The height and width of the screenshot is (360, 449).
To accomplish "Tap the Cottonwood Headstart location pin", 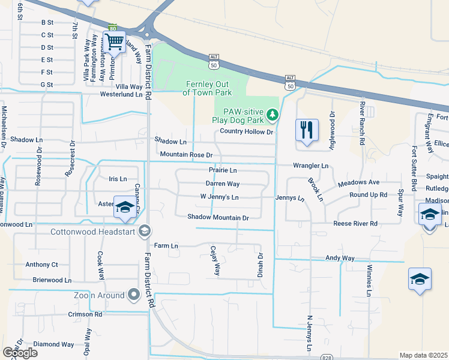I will click(x=144, y=231).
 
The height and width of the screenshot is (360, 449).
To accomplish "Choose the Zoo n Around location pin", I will click(x=134, y=295).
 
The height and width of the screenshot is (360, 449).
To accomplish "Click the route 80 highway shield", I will click(x=113, y=28).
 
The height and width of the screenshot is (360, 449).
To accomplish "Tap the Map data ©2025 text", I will click(x=424, y=355).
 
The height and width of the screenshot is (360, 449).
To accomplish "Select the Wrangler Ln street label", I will click(x=310, y=165).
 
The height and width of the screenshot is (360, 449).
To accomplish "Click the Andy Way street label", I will click(x=340, y=258).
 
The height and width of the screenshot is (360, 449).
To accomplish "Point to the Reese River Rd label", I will click(x=355, y=223).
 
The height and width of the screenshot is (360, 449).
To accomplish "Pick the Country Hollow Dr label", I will click(x=246, y=131).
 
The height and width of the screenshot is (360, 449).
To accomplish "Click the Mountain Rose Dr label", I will click(x=186, y=155).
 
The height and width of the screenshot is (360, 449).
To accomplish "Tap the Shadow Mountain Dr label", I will click(x=217, y=217).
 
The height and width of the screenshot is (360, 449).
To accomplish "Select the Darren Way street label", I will click(x=223, y=184).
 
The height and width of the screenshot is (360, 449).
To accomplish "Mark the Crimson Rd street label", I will click(x=85, y=314).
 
